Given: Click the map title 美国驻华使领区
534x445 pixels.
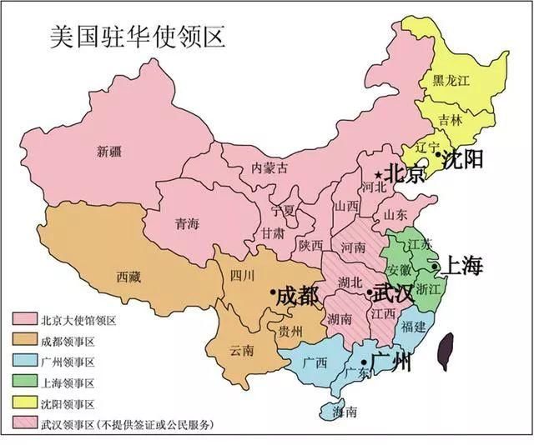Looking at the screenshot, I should point(124,37).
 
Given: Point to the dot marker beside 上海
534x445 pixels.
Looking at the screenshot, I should point(436,267).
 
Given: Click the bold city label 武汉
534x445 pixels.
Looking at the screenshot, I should point(392,293).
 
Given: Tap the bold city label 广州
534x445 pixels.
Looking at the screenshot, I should point(390,362).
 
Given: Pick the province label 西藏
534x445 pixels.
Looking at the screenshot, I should point(129,274).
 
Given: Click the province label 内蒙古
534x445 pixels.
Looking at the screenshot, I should point(270,167).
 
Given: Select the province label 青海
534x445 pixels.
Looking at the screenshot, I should point(186,223).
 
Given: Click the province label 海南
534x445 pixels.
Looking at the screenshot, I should point(345,412).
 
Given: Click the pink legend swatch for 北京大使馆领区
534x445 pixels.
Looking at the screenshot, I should point(23,320).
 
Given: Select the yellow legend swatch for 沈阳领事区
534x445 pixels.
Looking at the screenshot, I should point(23,403).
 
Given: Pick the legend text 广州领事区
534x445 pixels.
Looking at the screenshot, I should point(68,362).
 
